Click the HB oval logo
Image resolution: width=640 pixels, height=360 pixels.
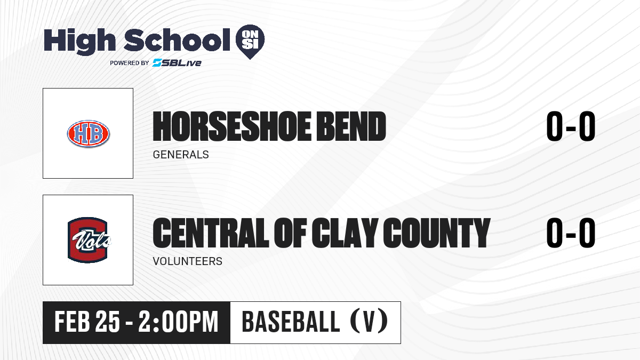point(89,133)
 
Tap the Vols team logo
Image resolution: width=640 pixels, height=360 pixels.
point(89,240)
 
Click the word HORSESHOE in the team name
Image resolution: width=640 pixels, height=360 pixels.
point(231,126)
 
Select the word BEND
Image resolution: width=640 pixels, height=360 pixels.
point(351,126)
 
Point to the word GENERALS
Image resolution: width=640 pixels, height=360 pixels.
point(181,155)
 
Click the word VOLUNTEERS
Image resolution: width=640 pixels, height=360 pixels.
point(187,261)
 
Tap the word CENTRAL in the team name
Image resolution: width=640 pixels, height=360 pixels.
point(211,233)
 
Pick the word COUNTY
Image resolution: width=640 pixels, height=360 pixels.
point(437,233)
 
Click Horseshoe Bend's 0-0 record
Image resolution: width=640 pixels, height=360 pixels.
point(571,126)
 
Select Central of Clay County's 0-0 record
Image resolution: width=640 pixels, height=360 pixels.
point(571,233)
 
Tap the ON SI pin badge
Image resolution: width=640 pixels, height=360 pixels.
point(250,42)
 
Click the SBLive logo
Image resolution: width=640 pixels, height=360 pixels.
point(177,62)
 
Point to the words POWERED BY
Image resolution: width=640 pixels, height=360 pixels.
point(130,63)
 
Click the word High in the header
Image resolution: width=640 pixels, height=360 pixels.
point(79,42)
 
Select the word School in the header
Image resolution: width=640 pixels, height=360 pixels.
point(177,40)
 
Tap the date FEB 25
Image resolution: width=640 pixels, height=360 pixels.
point(87,322)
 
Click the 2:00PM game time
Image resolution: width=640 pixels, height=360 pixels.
point(179,322)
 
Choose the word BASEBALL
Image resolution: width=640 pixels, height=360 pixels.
point(291,322)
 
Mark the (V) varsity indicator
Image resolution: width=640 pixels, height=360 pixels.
point(369,322)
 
